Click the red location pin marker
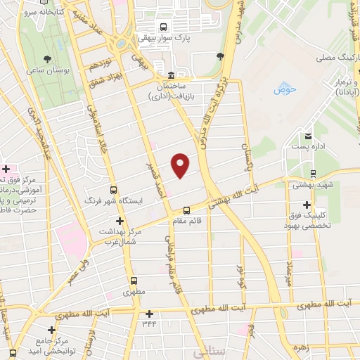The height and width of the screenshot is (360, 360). tap(181, 165)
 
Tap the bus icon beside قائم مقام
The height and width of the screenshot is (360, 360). tap(186, 210)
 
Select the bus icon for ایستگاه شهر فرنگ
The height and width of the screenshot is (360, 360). tap(113, 190)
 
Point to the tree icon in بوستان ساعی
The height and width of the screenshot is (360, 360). tap(47, 59)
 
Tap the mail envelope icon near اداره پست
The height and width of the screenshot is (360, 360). tap(308, 136)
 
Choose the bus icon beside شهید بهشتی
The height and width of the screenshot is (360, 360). tap(314, 174)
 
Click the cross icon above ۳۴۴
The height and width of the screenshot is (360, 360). tap(148, 314)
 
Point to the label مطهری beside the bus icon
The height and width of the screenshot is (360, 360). tap(133, 290)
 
